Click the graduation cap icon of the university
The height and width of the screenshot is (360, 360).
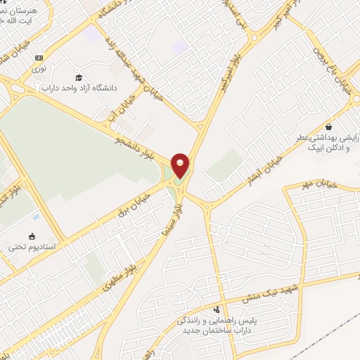tap(79, 77)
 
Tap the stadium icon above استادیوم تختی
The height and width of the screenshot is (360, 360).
tap(32, 236)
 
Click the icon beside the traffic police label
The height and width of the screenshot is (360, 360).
tap(217, 309)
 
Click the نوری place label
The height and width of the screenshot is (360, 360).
tap(39, 68)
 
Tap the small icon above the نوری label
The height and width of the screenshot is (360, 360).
tap(39, 58)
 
